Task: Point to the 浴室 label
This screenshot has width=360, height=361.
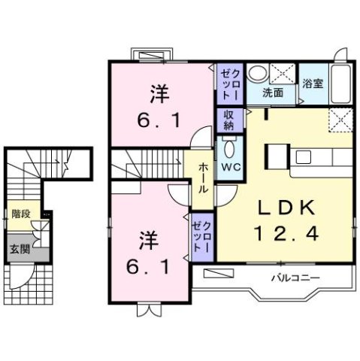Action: click(312, 84)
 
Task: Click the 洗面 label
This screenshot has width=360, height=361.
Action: click(272, 94)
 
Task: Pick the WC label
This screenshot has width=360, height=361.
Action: click(229, 168)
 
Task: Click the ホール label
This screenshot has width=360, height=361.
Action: click(203, 179)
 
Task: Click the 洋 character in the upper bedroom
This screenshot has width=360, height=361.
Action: click(158, 94)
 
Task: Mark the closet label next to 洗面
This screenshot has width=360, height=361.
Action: click(228, 85)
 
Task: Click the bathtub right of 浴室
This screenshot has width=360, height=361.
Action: click(342, 86)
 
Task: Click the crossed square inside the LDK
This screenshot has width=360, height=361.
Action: click(340, 119)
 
